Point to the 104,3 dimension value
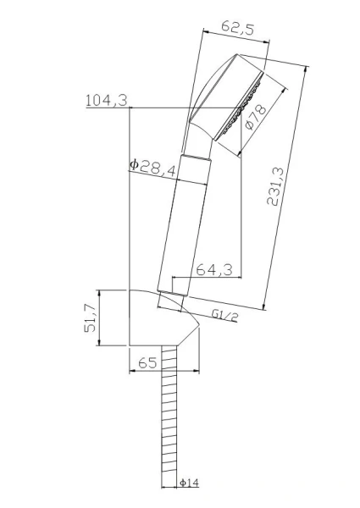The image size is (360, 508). (106, 101)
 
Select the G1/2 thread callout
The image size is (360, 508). (225, 315)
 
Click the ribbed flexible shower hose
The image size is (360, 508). (169, 423)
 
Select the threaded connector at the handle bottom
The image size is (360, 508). (172, 298)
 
